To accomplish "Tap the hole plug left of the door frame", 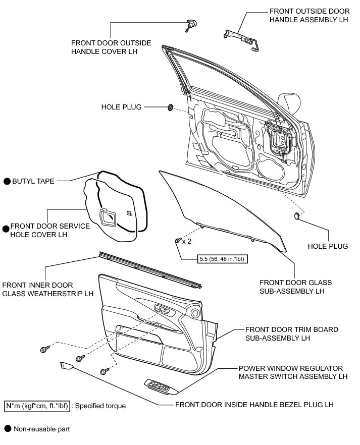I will [171, 107].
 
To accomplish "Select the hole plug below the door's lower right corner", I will [296, 216].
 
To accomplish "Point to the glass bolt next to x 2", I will [177, 241].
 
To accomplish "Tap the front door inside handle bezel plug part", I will [66, 365].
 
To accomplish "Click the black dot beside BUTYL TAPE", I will [7, 181].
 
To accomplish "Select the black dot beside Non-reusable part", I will [7, 429].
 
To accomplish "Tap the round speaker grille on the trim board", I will [195, 313].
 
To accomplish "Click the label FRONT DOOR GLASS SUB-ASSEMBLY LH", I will [295, 287].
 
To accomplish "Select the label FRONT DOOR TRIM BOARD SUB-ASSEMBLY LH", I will [291, 333].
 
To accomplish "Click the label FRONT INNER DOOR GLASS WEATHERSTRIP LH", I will [48, 289].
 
